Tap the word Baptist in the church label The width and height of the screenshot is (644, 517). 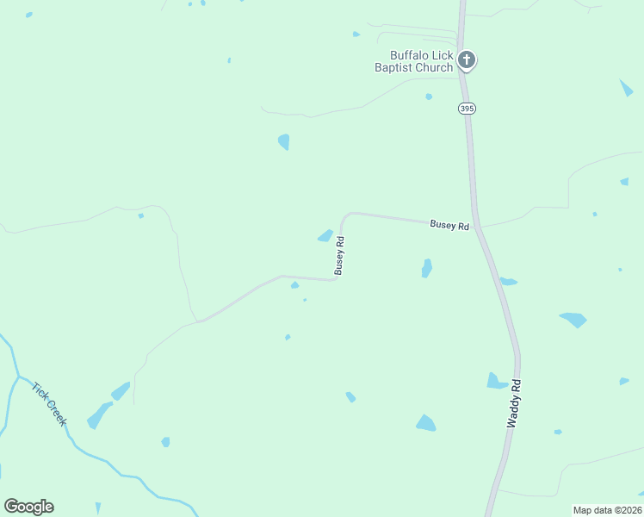pos(393,67)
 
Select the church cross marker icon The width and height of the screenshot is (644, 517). pos(466,60)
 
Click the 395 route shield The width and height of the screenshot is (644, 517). pos(466,109)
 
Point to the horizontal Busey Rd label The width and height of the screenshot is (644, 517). pos(449,225)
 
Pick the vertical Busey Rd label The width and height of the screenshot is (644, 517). pos(340,255)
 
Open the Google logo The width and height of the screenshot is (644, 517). pos(28,507)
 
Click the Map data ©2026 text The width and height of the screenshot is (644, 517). pos(607,510)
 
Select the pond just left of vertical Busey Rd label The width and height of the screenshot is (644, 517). pos(325,235)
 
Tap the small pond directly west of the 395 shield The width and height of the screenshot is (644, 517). pos(429,97)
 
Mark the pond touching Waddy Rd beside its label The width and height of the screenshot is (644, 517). pos(496,381)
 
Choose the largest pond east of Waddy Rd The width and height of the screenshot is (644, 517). pos(573,320)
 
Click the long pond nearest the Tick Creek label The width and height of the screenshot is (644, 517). pos(99,414)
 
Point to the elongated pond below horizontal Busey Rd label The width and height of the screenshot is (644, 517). pos(426,268)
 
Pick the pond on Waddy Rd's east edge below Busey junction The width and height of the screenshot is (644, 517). pos(508,281)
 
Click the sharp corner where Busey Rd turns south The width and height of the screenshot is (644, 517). pos(345,215)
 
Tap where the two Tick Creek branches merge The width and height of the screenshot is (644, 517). pos(17,377)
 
